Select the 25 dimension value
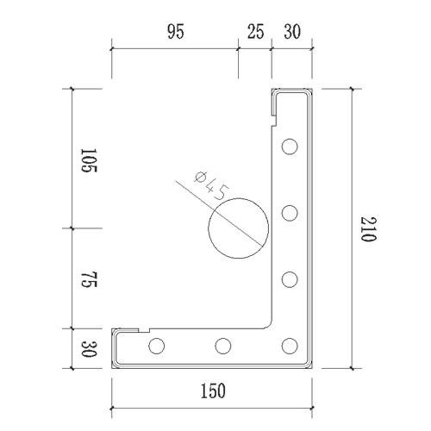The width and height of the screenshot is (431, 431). (x=255, y=34)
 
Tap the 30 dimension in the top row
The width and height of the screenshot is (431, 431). (x=290, y=34)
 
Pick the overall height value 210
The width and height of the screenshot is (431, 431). (x=368, y=229)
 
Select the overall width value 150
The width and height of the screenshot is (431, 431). (x=212, y=390)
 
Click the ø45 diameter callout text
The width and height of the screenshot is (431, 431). (x=210, y=186)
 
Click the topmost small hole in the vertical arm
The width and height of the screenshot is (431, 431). (x=290, y=147)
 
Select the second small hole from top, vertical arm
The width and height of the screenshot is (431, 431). (x=290, y=212)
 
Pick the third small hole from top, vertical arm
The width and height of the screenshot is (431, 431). (x=290, y=279)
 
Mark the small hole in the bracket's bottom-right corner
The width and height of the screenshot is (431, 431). (x=290, y=347)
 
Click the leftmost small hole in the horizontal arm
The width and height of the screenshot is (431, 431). (x=156, y=347)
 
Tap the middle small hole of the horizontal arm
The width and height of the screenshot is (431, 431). (x=223, y=347)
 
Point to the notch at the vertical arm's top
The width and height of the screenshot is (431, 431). (x=275, y=108)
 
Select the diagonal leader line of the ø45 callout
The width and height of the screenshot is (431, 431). (x=194, y=194)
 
